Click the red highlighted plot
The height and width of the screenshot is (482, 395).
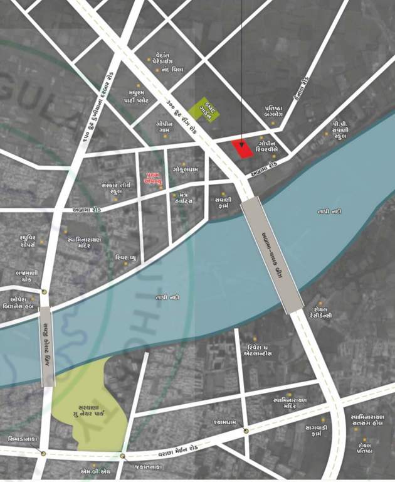[241, 149]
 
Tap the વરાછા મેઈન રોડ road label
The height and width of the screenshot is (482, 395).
[185, 450]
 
